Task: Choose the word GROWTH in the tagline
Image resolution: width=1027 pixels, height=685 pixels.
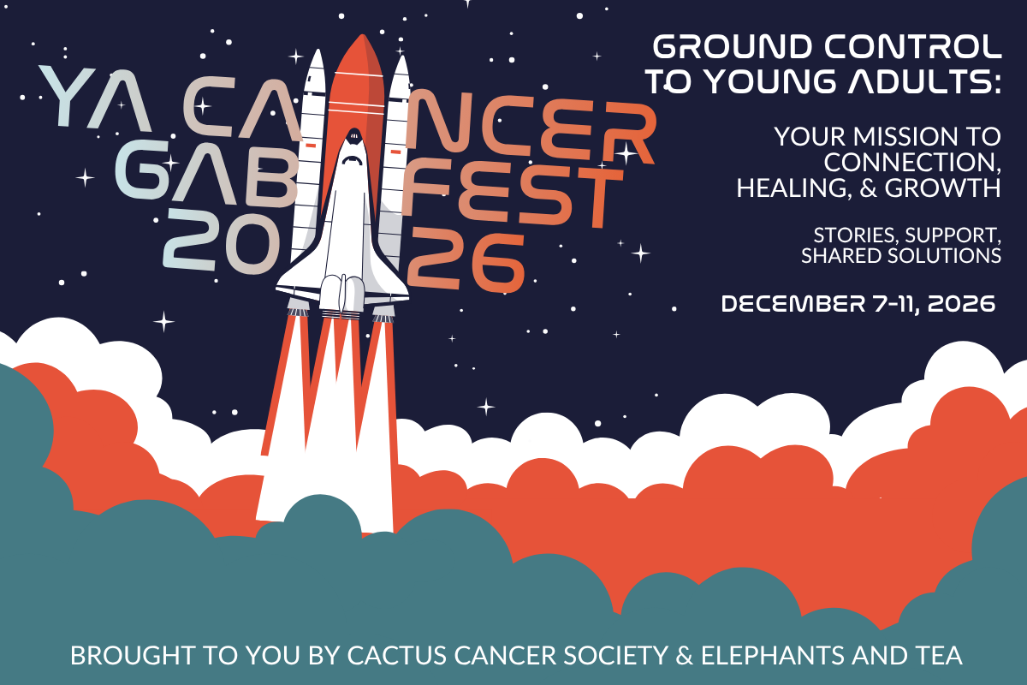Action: [942, 188]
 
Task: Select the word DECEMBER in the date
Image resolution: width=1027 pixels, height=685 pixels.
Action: [793, 304]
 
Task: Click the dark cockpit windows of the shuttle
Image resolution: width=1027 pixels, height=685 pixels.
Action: [353, 136]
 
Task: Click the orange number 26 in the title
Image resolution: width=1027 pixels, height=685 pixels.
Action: [466, 260]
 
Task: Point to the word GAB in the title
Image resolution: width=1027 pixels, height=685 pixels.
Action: [206, 172]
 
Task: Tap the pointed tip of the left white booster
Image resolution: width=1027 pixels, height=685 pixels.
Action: [317, 51]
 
